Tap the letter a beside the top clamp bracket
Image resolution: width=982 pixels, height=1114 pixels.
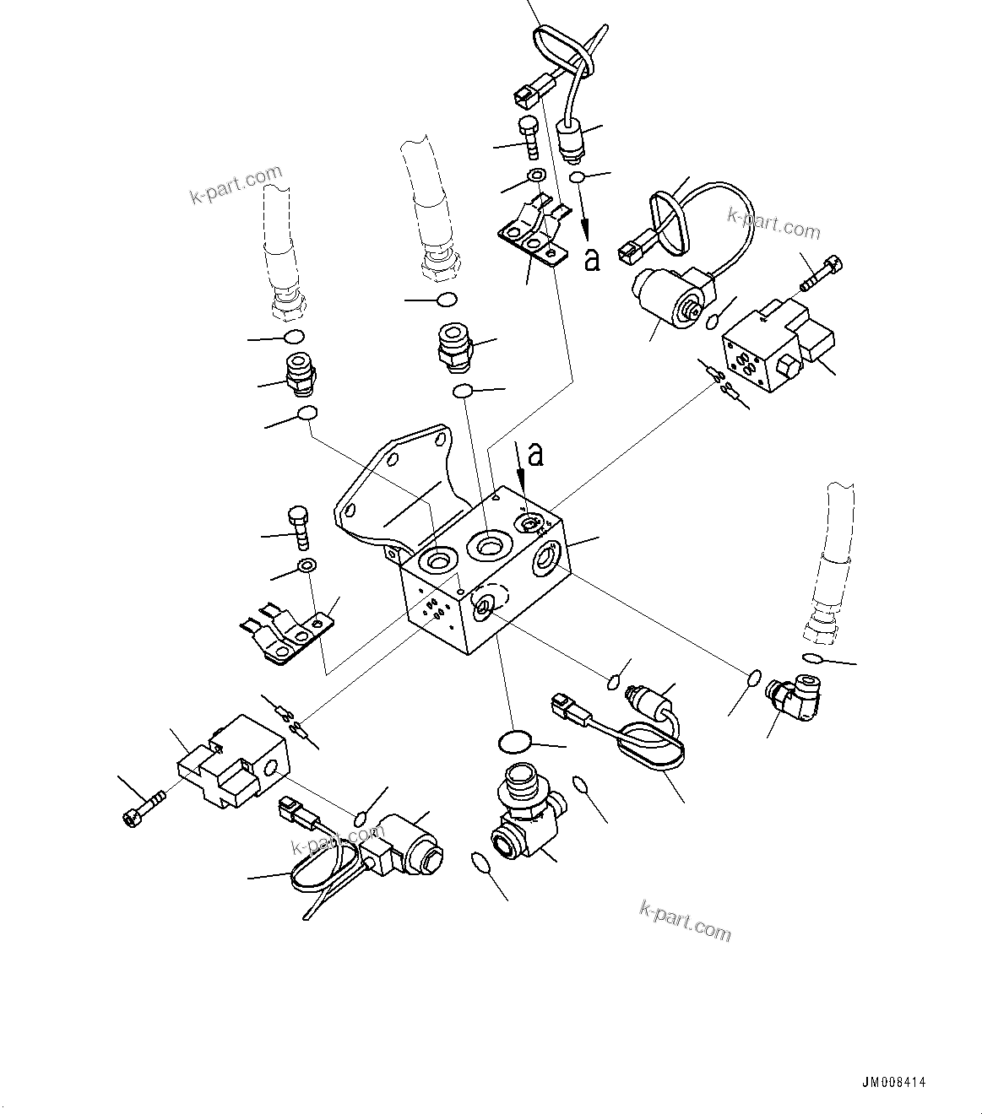coord(592,259)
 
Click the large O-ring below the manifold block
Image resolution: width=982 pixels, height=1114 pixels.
coord(513,741)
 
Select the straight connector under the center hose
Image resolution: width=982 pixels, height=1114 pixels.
coord(454,347)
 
